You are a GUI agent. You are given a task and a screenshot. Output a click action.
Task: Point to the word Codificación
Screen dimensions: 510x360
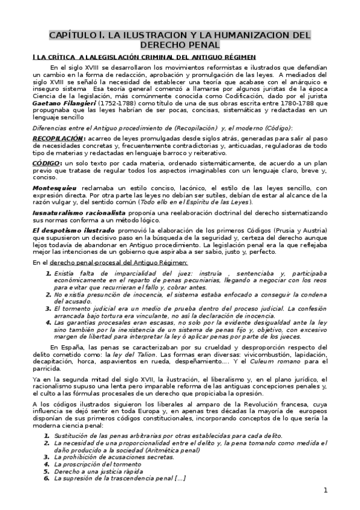(202, 96)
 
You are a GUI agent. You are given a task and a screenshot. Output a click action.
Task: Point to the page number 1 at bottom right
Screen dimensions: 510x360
(325, 490)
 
